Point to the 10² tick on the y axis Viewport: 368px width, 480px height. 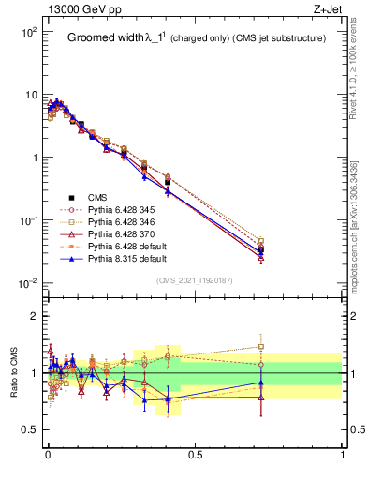click(x=28, y=33)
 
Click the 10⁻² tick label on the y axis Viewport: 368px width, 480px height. click(x=27, y=283)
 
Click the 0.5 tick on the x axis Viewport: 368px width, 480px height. click(x=195, y=456)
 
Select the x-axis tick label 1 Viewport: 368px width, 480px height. click(x=343, y=456)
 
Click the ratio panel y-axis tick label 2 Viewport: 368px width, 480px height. click(x=33, y=316)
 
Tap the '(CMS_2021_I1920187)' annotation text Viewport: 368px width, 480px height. click(x=195, y=280)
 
